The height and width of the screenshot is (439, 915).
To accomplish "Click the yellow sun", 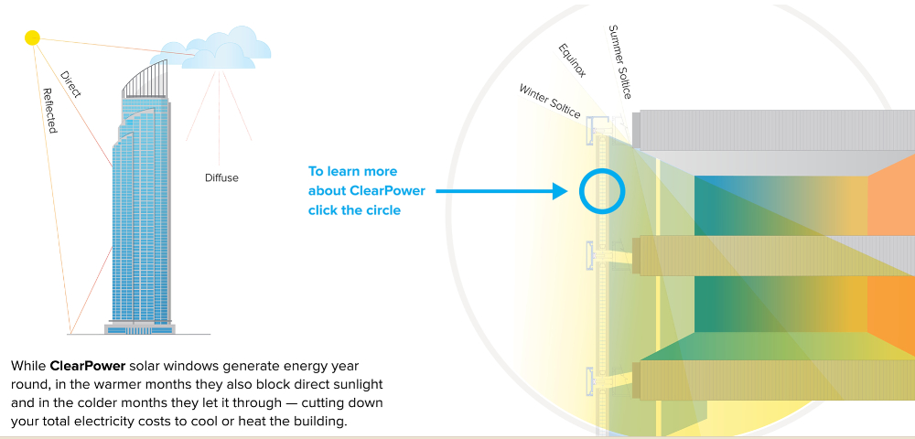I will point(33,37).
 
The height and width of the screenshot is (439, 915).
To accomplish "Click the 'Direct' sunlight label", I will point(70,84).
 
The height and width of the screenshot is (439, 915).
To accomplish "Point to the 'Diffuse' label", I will point(221,177).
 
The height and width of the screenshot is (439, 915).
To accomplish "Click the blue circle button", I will point(602,192).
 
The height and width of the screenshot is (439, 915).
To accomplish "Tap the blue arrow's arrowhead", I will point(562,192).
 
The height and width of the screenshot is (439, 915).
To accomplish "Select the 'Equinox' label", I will point(572,60).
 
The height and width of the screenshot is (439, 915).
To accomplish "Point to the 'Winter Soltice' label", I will point(550,101).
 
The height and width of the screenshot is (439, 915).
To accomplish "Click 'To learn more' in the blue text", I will point(352,171).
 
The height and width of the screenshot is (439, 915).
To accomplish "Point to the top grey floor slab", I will point(778,129).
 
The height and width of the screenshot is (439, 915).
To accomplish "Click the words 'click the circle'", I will point(354,209).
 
